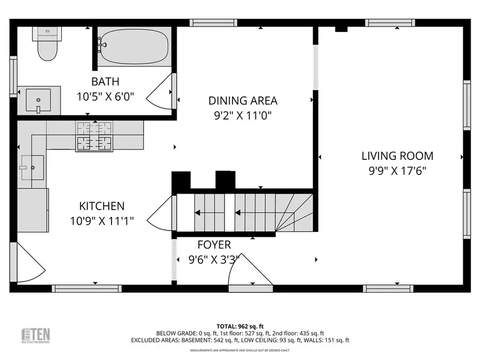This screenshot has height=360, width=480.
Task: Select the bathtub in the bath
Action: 134,46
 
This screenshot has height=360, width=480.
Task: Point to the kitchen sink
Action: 32,169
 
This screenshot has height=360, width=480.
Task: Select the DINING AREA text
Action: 243,100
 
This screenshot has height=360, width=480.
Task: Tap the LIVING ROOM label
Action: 397,156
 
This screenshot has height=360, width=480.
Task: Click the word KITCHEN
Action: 101,206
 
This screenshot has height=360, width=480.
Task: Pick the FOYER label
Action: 214,245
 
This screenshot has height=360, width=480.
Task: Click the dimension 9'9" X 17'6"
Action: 397,171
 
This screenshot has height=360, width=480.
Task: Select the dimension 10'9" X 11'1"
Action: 101,220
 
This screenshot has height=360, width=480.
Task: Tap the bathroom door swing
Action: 162,94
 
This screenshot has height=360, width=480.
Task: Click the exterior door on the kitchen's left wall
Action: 27,264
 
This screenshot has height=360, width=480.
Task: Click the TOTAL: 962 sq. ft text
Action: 239,325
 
